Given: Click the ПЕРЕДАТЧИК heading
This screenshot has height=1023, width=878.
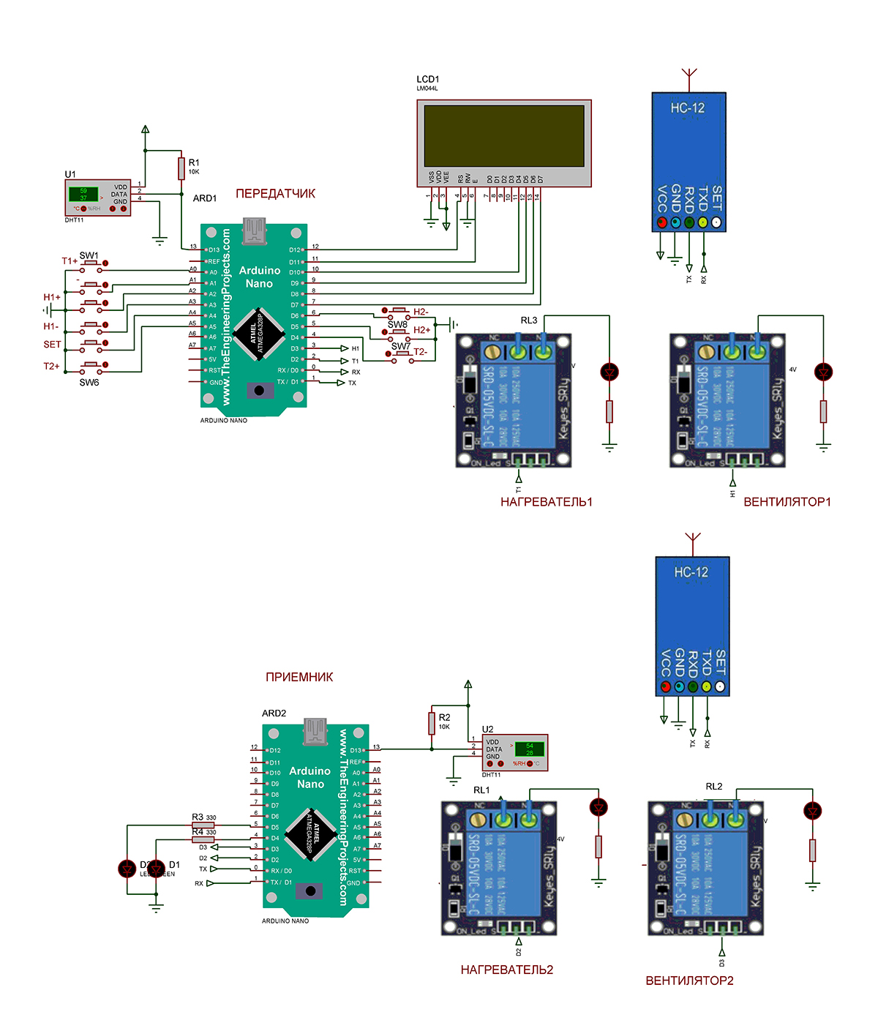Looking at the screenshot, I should [275, 194].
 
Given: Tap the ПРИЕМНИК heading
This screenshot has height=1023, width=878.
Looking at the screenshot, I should [299, 678].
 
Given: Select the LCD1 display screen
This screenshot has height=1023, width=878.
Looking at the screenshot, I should [504, 135].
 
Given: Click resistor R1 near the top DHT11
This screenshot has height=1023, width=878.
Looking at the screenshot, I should [181, 168].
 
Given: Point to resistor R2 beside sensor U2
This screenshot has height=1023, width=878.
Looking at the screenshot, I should [432, 723].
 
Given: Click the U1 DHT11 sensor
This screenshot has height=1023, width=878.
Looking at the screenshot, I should [97, 198].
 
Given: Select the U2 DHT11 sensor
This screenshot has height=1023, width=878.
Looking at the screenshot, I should [515, 753].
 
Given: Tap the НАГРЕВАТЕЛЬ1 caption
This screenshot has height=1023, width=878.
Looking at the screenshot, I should [547, 502].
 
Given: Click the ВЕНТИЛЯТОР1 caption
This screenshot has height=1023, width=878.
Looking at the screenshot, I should [787, 502].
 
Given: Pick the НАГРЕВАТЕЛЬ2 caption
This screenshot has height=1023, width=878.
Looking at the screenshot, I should [507, 970].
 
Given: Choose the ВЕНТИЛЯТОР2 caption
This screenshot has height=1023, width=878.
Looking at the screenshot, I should [689, 981].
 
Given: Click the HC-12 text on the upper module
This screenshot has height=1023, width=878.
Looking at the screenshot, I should [688, 108].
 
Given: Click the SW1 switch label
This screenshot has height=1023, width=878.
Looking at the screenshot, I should [89, 255].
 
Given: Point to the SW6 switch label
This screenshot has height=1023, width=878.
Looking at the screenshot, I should [89, 383].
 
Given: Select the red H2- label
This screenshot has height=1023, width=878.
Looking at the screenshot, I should [421, 312].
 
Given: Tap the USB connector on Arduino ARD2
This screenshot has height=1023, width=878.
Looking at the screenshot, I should [315, 731].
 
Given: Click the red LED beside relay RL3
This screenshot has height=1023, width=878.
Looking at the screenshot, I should [609, 372].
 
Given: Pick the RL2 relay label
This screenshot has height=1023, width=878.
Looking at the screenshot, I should [714, 787].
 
